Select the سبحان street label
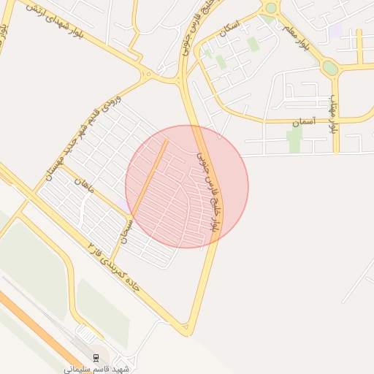[126, 230]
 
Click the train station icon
[96, 357]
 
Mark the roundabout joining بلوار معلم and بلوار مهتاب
[330, 68]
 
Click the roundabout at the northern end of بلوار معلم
[271, 8]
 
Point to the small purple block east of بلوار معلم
[335, 31]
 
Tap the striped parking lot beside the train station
[88, 335]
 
